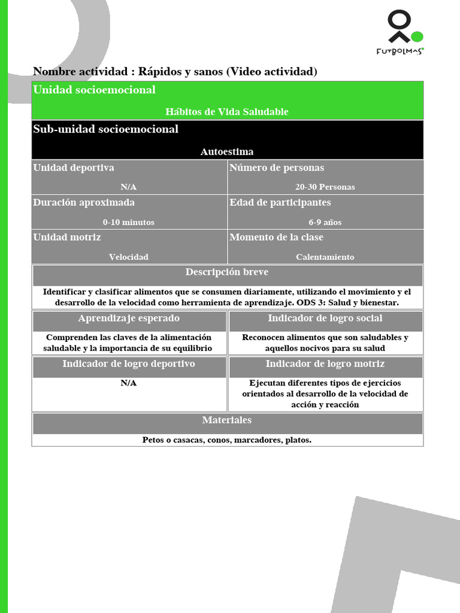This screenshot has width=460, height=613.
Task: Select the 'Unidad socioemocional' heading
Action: coord(94,90)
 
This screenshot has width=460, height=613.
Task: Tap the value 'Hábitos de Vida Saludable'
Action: coord(227,112)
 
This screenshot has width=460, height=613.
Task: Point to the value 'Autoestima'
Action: coord(227,152)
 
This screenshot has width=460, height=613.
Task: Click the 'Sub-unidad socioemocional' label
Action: coord(105,129)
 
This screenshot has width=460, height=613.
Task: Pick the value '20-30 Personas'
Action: coord(325,187)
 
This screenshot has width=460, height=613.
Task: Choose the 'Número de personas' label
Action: coord(277,168)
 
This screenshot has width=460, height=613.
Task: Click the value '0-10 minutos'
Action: coord(128,222)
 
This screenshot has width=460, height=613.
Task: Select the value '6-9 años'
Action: coord(325,222)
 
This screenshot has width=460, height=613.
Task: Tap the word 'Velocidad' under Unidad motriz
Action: coord(128,257)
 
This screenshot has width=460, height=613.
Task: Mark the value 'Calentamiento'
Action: coord(325,257)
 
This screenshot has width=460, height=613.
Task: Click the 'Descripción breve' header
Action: coord(227,272)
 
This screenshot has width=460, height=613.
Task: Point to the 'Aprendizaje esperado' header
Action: coord(129,318)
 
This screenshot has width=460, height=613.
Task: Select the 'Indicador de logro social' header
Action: coord(325,318)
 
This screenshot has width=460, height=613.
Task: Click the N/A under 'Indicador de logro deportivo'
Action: coord(128,383)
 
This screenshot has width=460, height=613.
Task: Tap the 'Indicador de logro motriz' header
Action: coord(325,364)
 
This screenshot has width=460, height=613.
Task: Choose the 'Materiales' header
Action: coord(227,420)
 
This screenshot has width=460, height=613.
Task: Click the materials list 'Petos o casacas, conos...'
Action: coord(227,440)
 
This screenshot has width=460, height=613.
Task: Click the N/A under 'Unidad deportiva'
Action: coord(128,187)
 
